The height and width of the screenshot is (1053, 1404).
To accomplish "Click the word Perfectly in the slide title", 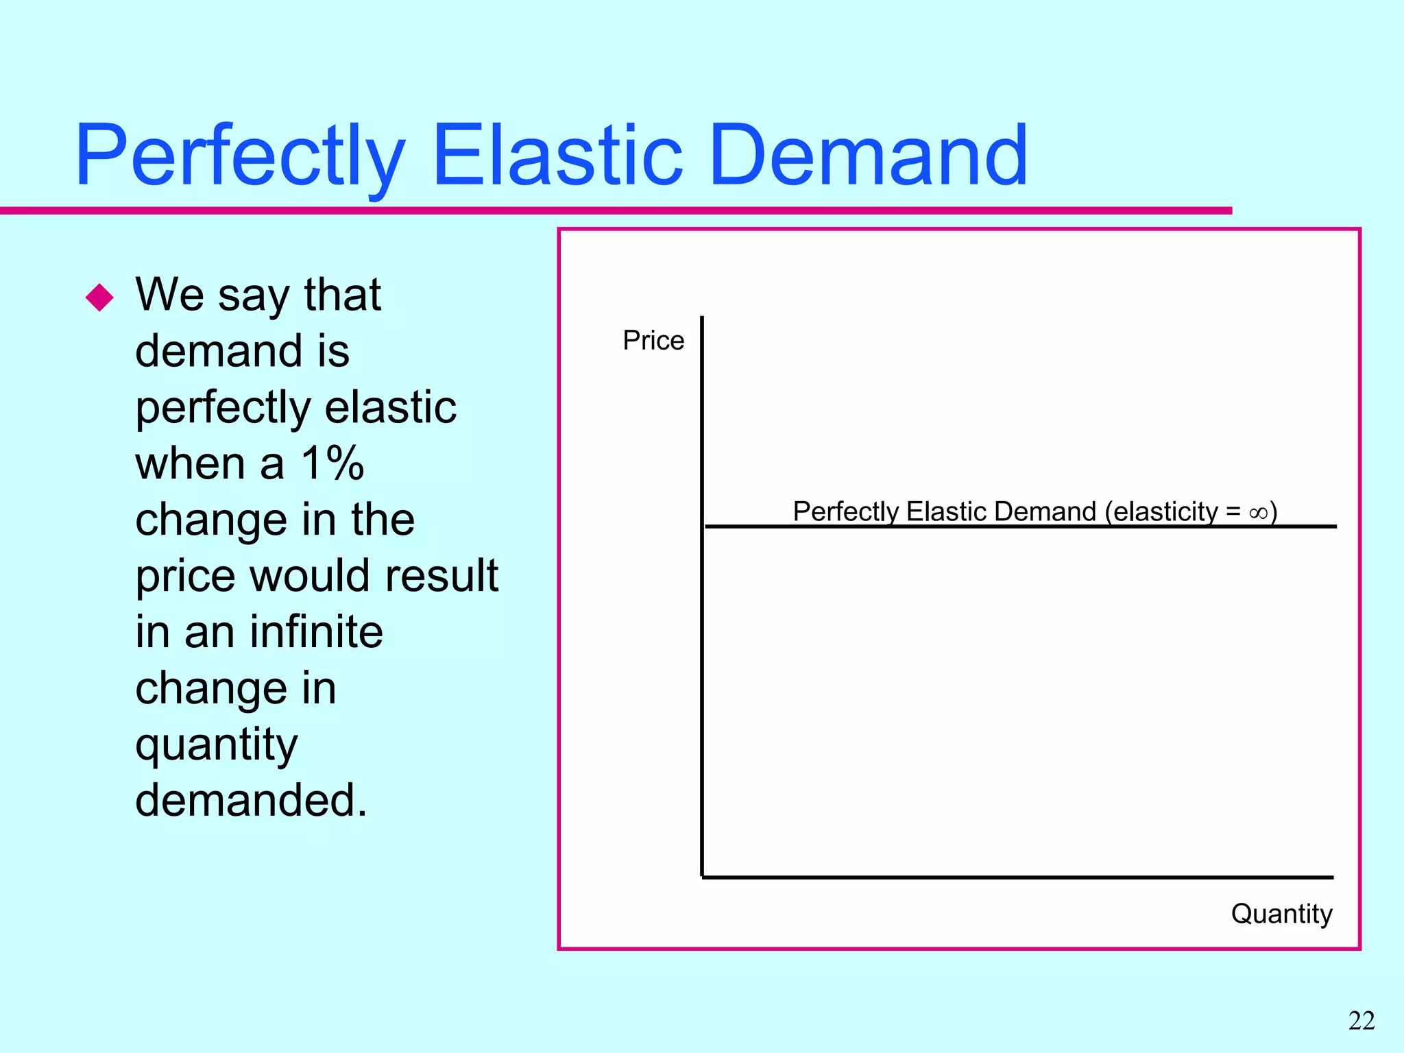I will click(x=240, y=156).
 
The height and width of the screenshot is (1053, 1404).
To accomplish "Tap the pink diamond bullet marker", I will click(x=100, y=298).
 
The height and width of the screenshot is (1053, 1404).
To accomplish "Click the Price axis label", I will click(x=653, y=341).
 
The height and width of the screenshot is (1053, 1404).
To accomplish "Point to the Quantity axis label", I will click(x=1281, y=914).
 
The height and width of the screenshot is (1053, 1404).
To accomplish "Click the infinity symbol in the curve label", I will click(x=1257, y=513).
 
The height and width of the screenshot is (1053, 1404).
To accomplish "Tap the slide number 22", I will click(x=1361, y=1021).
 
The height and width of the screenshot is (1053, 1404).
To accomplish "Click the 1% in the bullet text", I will click(x=332, y=463).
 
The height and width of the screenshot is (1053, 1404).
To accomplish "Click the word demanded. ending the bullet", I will click(x=251, y=801).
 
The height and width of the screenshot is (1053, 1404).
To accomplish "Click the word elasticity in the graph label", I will click(x=1165, y=512).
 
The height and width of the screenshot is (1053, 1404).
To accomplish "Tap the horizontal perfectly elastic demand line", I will click(x=1028, y=526).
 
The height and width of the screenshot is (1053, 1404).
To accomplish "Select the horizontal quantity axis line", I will click(x=1028, y=877).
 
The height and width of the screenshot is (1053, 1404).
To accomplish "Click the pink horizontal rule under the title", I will click(x=617, y=210).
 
